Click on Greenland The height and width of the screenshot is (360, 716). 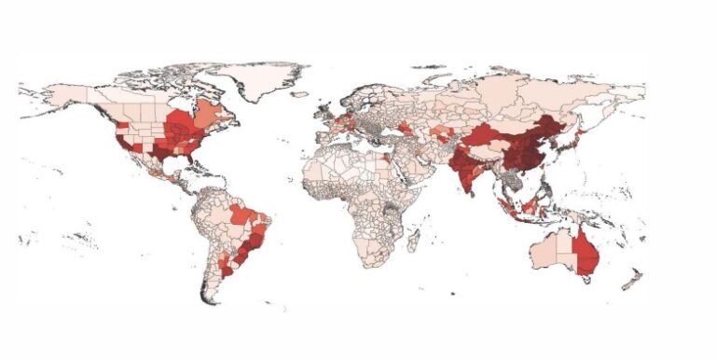(266, 79)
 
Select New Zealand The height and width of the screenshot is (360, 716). (634, 277)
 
